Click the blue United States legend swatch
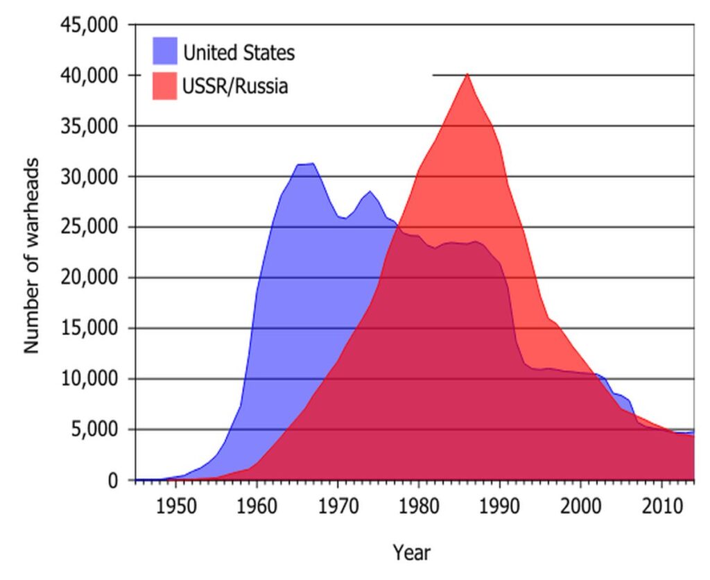click(x=164, y=52)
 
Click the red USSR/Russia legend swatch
click(x=164, y=86)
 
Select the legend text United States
click(x=239, y=52)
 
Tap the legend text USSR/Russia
click(x=235, y=87)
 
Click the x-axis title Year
click(x=411, y=553)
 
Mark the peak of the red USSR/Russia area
click(x=467, y=74)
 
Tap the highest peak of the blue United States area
click(x=313, y=164)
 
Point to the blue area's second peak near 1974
click(x=370, y=191)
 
